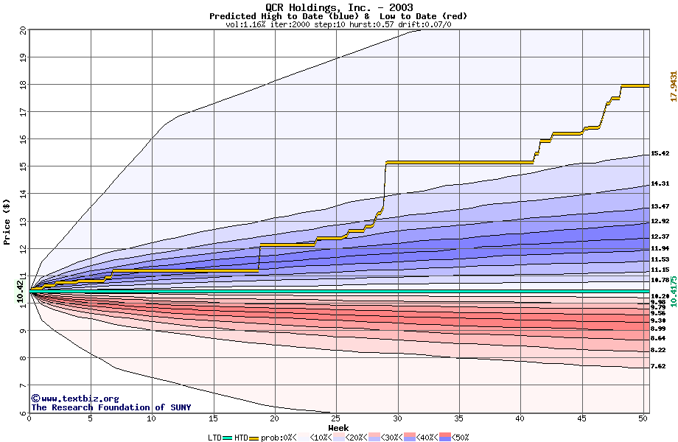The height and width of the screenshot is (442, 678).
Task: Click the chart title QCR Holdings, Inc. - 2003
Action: tap(339, 7)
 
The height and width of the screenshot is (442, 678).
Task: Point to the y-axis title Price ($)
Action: tap(7, 221)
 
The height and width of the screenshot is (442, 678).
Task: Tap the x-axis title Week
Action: tap(338, 427)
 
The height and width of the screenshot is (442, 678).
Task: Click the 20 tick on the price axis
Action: tap(23, 30)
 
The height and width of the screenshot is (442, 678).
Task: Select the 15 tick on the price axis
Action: tap(23, 167)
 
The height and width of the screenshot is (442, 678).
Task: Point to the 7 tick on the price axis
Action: tap(23, 386)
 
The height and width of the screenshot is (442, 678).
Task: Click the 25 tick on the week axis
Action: tap(336, 418)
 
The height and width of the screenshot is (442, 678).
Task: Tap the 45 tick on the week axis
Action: tap(581, 418)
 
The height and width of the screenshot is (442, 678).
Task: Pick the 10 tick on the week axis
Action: tap(152, 418)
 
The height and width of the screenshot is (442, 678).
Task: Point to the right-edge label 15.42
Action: tap(660, 154)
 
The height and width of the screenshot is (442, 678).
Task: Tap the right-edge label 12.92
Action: tap(660, 221)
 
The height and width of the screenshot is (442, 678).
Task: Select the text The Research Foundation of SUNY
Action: tap(111, 407)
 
